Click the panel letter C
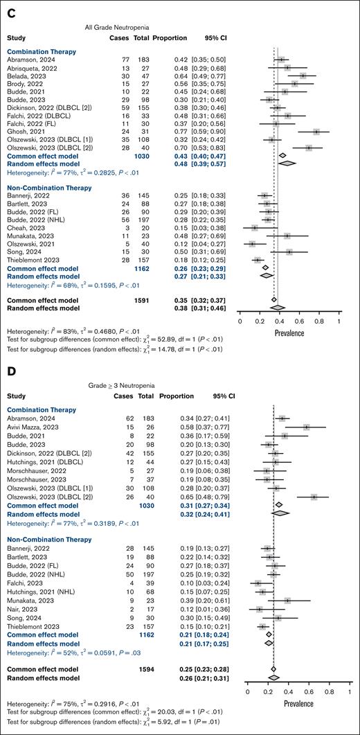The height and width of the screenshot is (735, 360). [x=10, y=8]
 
